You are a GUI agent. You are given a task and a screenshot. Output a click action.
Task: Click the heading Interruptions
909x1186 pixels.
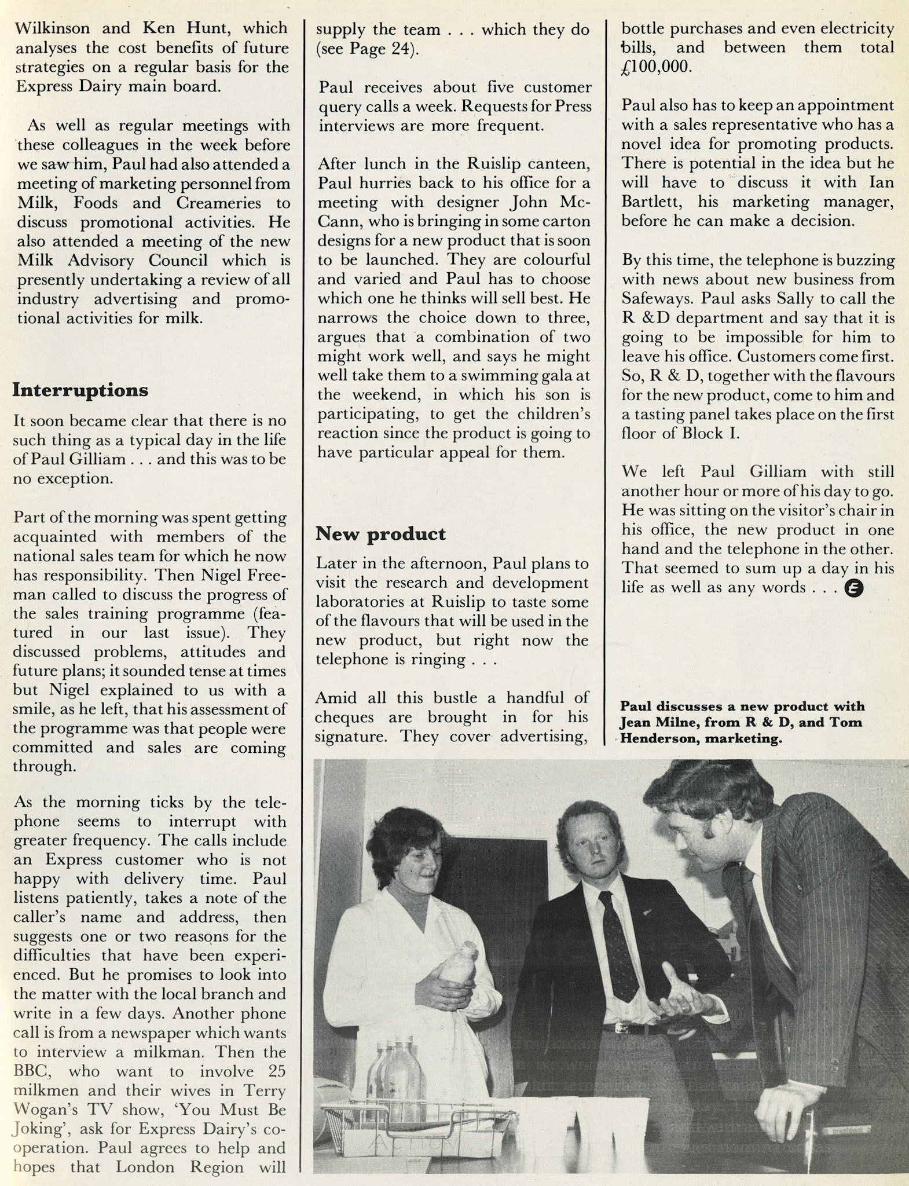pyautogui.click(x=80, y=390)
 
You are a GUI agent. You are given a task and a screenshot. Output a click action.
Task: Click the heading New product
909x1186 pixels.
pyautogui.click(x=380, y=533)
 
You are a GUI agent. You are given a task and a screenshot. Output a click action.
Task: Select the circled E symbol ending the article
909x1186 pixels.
pyautogui.click(x=854, y=588)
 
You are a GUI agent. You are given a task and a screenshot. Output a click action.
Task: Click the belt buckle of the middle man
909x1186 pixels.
pyautogui.click(x=621, y=1028)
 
